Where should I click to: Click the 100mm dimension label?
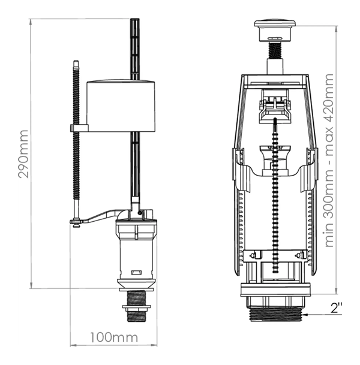coord(113,337)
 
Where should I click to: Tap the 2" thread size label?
coord(337,309)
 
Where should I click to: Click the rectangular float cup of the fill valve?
coord(122,106)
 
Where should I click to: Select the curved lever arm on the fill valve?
coord(102,216)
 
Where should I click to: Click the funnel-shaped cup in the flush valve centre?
coord(275,157)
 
